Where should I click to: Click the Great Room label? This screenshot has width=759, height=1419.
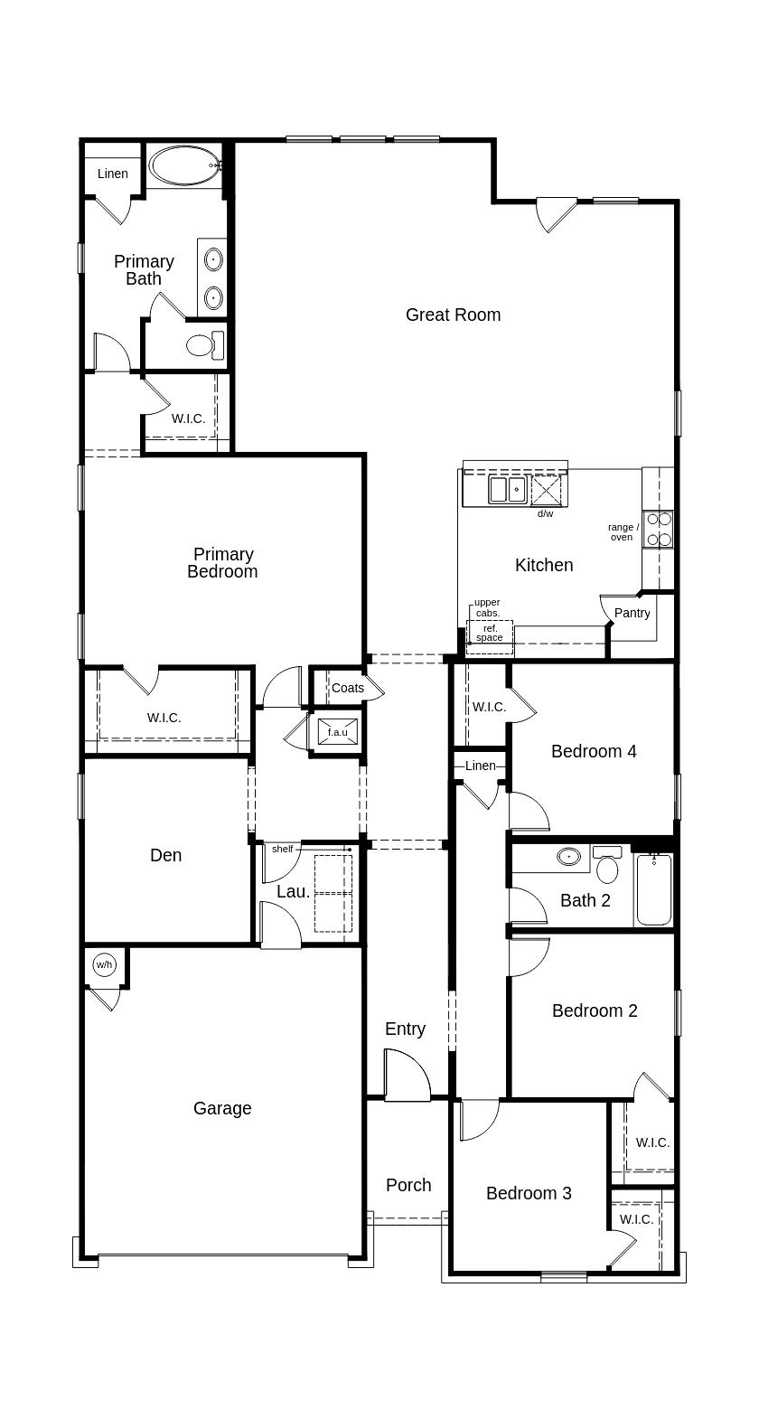pyautogui.click(x=453, y=315)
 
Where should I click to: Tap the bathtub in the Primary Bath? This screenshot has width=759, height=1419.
pyautogui.click(x=184, y=165)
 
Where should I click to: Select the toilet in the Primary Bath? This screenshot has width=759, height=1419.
pyautogui.click(x=203, y=344)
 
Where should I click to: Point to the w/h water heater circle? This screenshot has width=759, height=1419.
pyautogui.click(x=104, y=965)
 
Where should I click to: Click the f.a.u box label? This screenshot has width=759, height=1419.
pyautogui.click(x=337, y=732)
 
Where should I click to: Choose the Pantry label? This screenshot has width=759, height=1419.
pyautogui.click(x=632, y=613)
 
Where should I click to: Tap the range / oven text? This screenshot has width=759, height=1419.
pyautogui.click(x=622, y=532)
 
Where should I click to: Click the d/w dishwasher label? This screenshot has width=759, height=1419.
pyautogui.click(x=545, y=513)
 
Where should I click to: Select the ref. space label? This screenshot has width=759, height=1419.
pyautogui.click(x=490, y=633)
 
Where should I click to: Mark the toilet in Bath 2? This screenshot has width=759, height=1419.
pyautogui.click(x=608, y=868)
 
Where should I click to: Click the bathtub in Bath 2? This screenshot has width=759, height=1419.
pyautogui.click(x=653, y=890)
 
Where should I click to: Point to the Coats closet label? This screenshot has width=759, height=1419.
pyautogui.click(x=347, y=688)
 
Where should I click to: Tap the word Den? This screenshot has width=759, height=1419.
pyautogui.click(x=166, y=855)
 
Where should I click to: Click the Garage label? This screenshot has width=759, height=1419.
pyautogui.click(x=222, y=1108)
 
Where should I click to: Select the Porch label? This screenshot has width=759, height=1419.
pyautogui.click(x=408, y=1185)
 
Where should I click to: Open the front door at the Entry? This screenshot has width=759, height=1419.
pyautogui.click(x=407, y=1076)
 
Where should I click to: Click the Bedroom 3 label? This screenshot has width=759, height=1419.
pyautogui.click(x=529, y=1193)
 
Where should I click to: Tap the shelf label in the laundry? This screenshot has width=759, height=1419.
pyautogui.click(x=283, y=849)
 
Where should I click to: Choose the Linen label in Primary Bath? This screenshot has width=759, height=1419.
pyautogui.click(x=113, y=174)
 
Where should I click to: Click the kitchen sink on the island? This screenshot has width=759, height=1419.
pyautogui.click(x=508, y=490)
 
